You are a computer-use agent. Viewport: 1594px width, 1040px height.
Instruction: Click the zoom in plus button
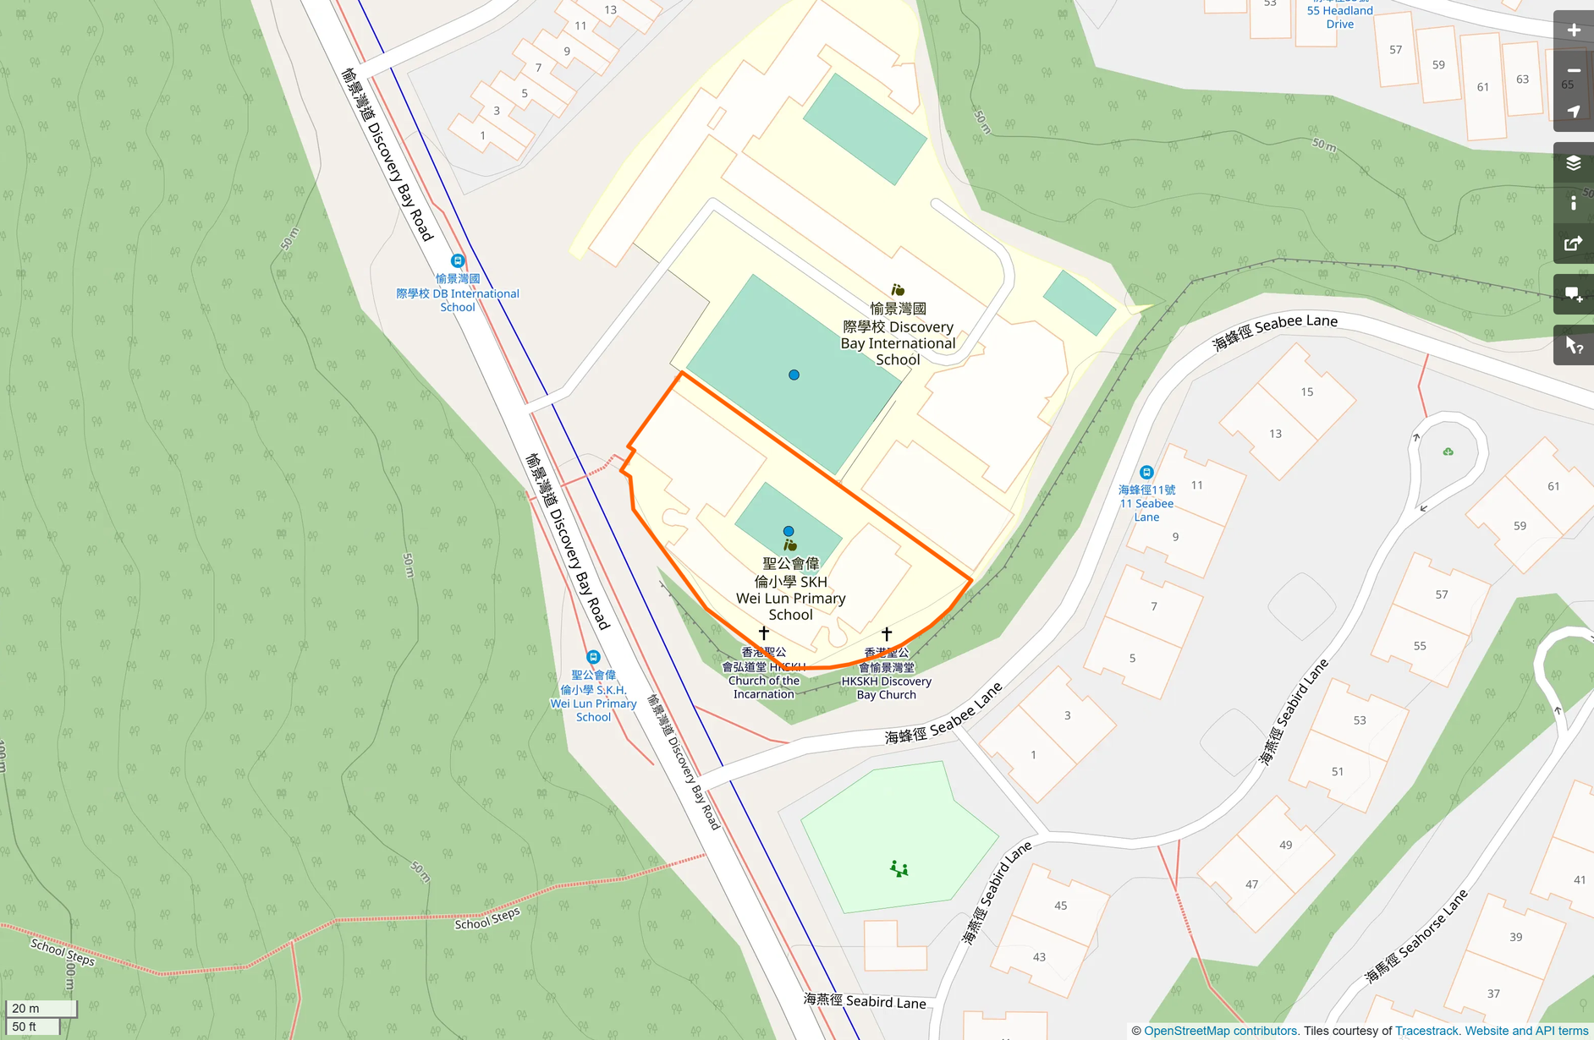click(x=1573, y=30)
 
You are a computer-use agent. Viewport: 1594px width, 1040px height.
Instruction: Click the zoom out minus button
click(x=1573, y=71)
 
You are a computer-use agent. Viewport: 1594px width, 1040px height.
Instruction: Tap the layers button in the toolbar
click(x=1573, y=163)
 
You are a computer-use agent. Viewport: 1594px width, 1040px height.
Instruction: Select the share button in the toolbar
click(x=1573, y=244)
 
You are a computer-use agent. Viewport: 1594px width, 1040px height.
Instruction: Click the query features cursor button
click(x=1573, y=346)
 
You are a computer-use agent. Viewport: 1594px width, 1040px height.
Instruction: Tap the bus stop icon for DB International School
click(x=458, y=261)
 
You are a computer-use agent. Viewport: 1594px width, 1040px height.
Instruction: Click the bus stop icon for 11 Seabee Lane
click(x=1146, y=473)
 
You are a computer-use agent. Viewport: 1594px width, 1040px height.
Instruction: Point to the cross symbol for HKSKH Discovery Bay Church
click(x=887, y=633)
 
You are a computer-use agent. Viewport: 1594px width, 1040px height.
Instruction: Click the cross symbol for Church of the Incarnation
click(x=764, y=632)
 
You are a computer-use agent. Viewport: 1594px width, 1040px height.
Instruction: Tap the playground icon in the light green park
click(x=899, y=868)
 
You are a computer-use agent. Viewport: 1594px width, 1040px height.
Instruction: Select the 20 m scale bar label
click(x=26, y=1008)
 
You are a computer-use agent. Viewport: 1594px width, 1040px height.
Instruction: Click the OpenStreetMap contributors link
click(x=1220, y=1031)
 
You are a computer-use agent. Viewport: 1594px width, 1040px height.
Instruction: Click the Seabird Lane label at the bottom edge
click(x=864, y=1001)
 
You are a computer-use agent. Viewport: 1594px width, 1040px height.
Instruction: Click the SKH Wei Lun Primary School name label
click(x=790, y=589)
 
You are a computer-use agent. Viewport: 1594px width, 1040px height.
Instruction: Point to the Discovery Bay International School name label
click(x=898, y=335)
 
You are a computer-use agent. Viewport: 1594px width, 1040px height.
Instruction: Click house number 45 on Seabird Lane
click(x=1060, y=906)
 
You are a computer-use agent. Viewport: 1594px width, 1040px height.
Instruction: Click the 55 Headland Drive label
click(x=1339, y=17)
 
